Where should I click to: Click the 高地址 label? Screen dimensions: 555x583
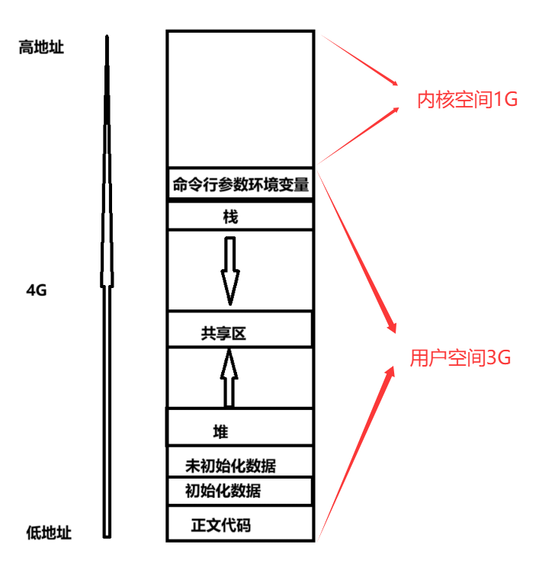tap(41, 47)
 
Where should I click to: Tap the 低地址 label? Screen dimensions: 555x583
tap(49, 533)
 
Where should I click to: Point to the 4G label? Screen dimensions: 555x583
tap(37, 290)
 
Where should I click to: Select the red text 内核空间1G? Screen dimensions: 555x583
tap(467, 99)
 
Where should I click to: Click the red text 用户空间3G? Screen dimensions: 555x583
tap(460, 358)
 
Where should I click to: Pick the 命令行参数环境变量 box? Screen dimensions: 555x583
tap(240, 184)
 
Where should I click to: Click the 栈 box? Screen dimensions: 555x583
tap(240, 216)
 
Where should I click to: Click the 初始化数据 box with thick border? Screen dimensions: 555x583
tap(239, 490)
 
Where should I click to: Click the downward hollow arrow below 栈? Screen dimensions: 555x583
tap(230, 271)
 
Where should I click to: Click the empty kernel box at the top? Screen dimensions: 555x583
tap(239, 99)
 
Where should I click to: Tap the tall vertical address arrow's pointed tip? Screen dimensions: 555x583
tap(107, 38)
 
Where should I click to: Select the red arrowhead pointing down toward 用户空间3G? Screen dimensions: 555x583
tap(392, 326)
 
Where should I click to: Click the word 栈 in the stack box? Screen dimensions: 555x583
tap(230, 217)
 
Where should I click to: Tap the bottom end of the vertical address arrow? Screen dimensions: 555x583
tap(107, 535)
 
